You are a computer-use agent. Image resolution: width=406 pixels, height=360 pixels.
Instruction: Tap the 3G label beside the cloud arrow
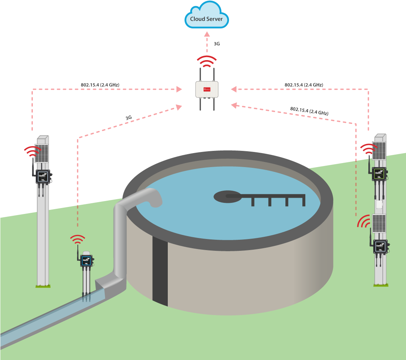click(x=217, y=44)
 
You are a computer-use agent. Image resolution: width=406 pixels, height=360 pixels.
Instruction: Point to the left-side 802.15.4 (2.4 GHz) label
click(x=100, y=84)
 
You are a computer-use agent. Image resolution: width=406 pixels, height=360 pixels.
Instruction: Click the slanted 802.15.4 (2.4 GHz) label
click(x=309, y=110)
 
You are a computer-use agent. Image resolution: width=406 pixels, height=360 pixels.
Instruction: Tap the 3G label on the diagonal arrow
click(x=128, y=118)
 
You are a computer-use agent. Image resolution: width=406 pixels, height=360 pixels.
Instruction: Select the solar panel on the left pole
click(x=42, y=153)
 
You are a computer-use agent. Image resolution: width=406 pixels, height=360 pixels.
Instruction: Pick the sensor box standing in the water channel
click(x=86, y=260)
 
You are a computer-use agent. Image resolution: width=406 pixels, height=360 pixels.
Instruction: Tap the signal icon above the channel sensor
click(x=77, y=240)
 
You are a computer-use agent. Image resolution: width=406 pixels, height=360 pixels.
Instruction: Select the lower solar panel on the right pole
click(x=379, y=224)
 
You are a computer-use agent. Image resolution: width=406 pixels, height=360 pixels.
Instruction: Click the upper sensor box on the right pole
click(x=379, y=173)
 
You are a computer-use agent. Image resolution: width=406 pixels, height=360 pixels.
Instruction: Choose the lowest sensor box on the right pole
click(x=380, y=246)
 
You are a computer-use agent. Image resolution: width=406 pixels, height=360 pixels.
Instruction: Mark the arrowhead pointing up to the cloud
click(x=207, y=34)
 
